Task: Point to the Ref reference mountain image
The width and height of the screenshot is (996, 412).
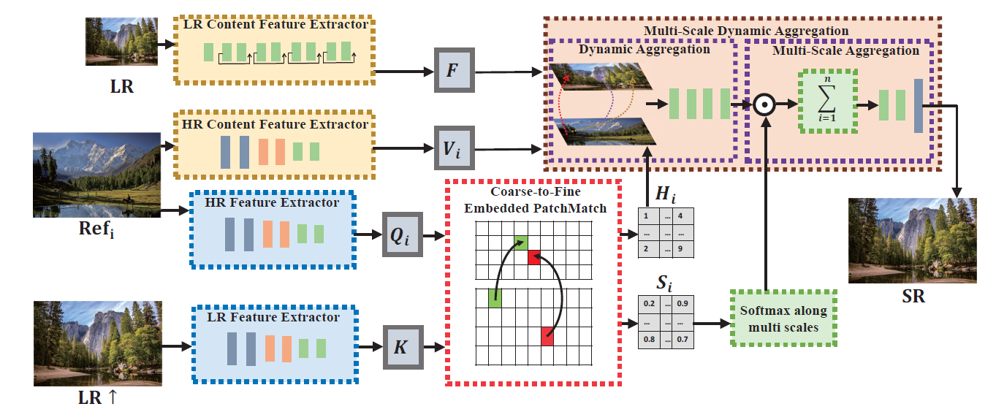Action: coord(96,174)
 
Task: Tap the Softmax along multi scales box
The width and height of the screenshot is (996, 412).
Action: coord(783,318)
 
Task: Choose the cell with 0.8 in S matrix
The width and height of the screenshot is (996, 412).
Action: coord(648,339)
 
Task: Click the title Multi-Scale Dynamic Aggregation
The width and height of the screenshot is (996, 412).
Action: coord(745,31)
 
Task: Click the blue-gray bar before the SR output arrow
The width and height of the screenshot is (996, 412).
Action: coord(918,106)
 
